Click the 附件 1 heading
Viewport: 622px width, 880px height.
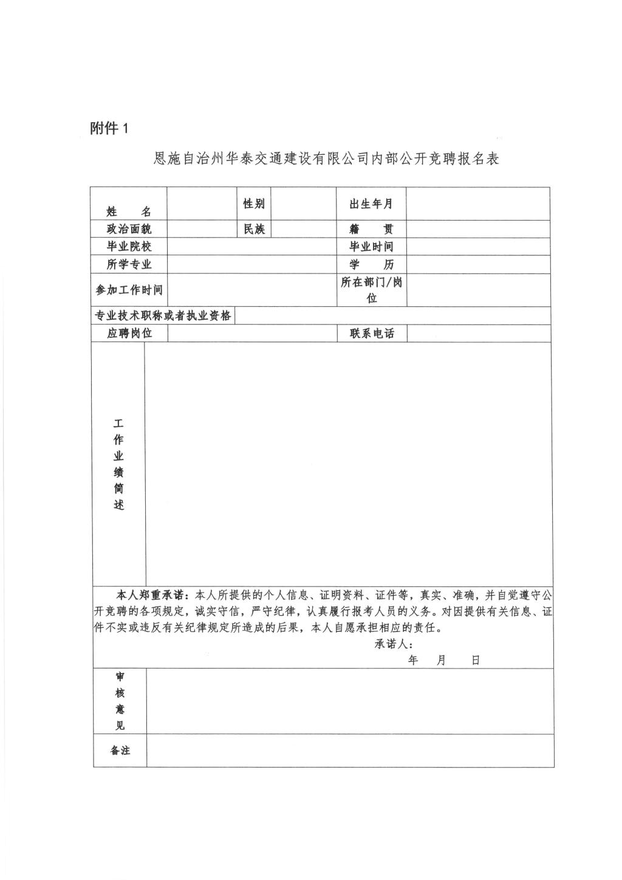(x=109, y=128)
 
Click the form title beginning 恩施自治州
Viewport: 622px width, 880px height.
(x=326, y=159)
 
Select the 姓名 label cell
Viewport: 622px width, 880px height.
(x=129, y=211)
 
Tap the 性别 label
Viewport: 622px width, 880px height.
(x=254, y=204)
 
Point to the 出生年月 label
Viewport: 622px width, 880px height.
(x=371, y=204)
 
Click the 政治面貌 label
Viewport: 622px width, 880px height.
(x=129, y=229)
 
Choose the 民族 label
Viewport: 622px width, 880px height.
(x=254, y=229)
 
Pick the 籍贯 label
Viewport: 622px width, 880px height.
(x=371, y=229)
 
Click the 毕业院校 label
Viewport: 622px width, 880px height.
(x=129, y=246)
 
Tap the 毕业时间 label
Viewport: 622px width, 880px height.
(x=371, y=246)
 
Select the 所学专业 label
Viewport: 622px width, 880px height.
(x=129, y=264)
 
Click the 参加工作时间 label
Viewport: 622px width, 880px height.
(x=129, y=290)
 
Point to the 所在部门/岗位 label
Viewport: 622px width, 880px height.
(x=371, y=290)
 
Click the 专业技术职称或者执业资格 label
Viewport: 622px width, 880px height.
(x=163, y=316)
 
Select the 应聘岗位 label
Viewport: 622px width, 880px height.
(x=129, y=333)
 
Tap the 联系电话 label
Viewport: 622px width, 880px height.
(x=371, y=333)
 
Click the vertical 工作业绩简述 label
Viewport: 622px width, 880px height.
(x=118, y=464)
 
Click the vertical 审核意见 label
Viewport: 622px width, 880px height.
(x=120, y=701)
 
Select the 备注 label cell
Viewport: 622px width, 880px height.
(x=120, y=751)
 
